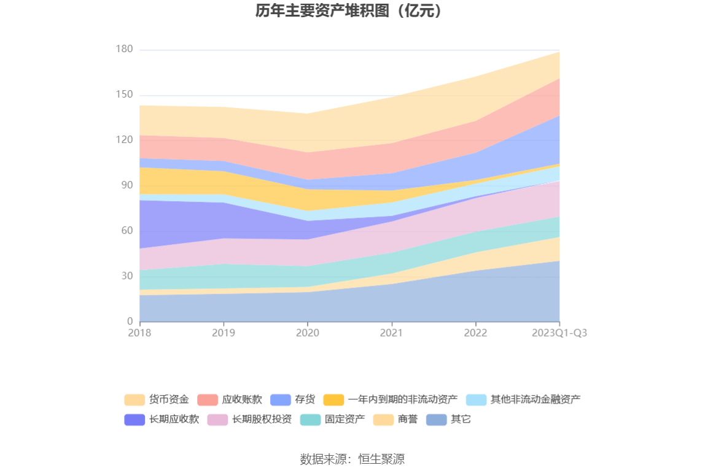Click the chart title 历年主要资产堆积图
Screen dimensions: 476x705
point(349,11)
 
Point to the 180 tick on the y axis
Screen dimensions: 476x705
point(124,50)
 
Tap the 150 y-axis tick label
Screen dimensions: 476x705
point(124,95)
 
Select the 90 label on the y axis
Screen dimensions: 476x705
point(126,185)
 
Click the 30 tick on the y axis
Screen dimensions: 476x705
point(126,276)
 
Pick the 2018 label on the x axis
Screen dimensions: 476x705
point(139,333)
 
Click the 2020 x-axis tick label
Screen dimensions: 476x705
point(307,333)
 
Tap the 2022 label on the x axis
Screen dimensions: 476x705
point(475,333)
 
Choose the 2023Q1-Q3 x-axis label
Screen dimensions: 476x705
point(559,333)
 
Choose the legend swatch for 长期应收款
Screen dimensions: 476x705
point(134,420)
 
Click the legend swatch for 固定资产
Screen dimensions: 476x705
point(310,420)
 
